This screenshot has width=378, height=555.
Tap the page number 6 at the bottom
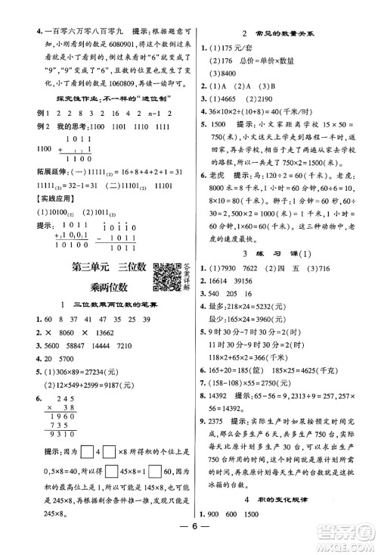click(x=188, y=539)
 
